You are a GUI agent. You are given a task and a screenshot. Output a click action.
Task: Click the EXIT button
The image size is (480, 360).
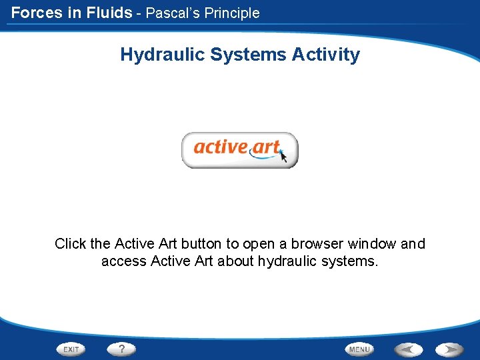[x=72, y=349]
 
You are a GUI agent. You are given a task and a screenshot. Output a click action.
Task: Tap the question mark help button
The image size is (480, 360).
[x=121, y=349]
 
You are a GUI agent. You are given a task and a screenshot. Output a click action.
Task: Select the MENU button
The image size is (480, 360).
[x=359, y=349]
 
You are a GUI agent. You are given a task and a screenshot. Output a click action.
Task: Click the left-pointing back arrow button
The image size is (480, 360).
[x=408, y=349]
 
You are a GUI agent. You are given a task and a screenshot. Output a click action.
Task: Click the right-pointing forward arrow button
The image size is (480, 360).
[x=450, y=349]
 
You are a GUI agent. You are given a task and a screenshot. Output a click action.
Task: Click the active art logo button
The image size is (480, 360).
[x=239, y=149]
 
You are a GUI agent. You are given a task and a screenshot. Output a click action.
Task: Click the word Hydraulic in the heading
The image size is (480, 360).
[x=163, y=55]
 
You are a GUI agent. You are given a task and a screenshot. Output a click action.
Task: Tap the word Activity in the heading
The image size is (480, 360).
[x=326, y=55]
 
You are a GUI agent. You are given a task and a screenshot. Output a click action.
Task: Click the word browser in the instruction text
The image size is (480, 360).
[x=313, y=244]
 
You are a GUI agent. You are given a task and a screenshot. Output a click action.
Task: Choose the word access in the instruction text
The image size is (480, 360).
[x=124, y=261]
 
